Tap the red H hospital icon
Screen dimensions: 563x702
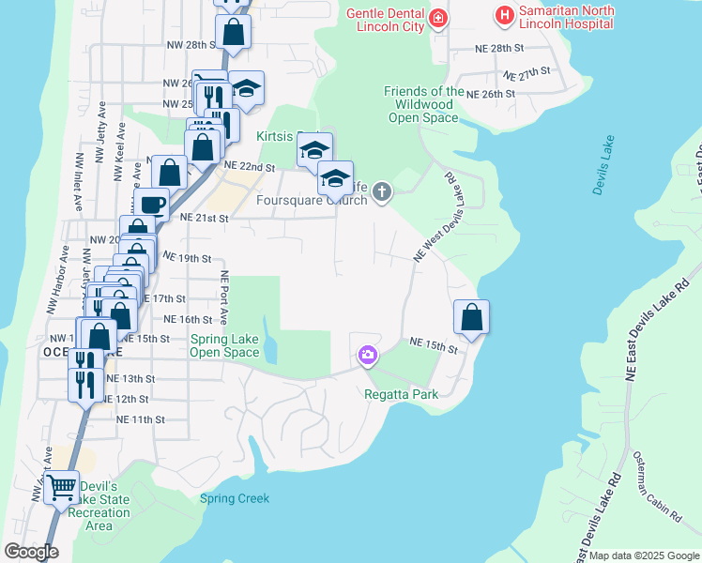pyautogui.click(x=504, y=16)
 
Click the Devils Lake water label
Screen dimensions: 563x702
pyautogui.click(x=603, y=166)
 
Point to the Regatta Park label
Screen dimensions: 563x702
pyautogui.click(x=402, y=394)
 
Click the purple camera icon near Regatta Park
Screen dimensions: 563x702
pyautogui.click(x=367, y=355)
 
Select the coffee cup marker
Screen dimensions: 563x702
pyautogui.click(x=151, y=203)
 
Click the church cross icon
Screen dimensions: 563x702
pyautogui.click(x=381, y=192)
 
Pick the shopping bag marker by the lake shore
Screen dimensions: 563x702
pyautogui.click(x=471, y=317)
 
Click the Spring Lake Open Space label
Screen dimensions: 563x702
pyautogui.click(x=224, y=346)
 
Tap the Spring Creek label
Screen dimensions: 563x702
pyautogui.click(x=235, y=499)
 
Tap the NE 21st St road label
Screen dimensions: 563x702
pyautogui.click(x=205, y=218)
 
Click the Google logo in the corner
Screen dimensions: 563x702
pyautogui.click(x=31, y=552)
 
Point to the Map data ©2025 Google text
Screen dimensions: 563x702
pyautogui.click(x=644, y=555)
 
